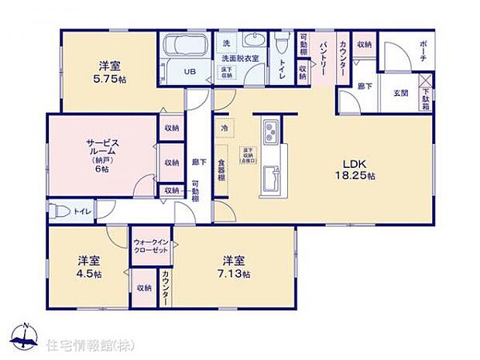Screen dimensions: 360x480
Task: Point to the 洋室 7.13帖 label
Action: click(x=235, y=266)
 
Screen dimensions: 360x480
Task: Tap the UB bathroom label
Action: click(x=190, y=72)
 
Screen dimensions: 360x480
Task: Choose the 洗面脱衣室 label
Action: click(x=238, y=59)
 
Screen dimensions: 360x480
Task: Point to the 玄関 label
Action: click(x=401, y=93)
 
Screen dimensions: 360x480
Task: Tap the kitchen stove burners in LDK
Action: click(x=269, y=133)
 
